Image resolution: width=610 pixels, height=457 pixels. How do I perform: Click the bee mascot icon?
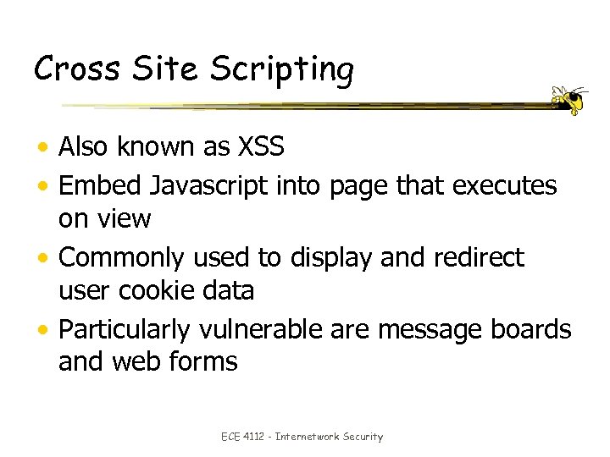569,100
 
